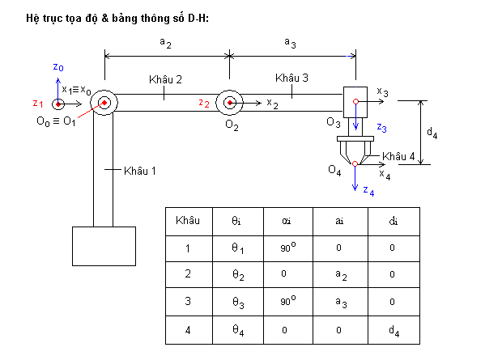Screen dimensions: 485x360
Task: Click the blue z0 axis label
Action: coord(58,67)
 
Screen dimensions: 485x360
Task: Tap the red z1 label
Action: coord(38,104)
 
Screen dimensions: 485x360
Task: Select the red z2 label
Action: coord(204,103)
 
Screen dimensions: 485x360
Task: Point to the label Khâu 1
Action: coord(140,171)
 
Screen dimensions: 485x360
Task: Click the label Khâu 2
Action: coord(165,79)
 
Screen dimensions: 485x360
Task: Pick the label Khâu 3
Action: coord(291,78)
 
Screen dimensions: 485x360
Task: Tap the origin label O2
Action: coord(232,125)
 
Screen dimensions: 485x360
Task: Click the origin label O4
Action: coord(334,170)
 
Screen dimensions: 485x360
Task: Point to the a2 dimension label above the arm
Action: coord(165,43)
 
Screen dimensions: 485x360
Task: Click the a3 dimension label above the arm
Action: coord(290,43)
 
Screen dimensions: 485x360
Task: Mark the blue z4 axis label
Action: coord(368,191)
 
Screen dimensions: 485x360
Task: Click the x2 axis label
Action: coord(273,104)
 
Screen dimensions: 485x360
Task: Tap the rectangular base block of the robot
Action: coord(104,246)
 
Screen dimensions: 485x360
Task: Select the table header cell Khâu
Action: coord(189,222)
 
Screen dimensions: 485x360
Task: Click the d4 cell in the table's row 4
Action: coord(394,330)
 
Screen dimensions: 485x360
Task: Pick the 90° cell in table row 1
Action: coord(288,248)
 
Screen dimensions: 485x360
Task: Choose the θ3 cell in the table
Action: coord(238,302)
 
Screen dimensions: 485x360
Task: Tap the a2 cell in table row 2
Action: coord(341,275)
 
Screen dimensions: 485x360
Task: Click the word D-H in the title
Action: coord(197,18)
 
